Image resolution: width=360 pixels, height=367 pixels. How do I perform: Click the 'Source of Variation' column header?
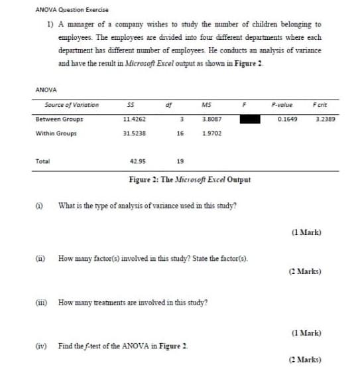coord(72,105)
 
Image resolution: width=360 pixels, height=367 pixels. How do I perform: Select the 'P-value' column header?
coord(282,105)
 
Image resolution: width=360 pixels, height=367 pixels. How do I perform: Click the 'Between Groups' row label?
coord(59,119)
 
